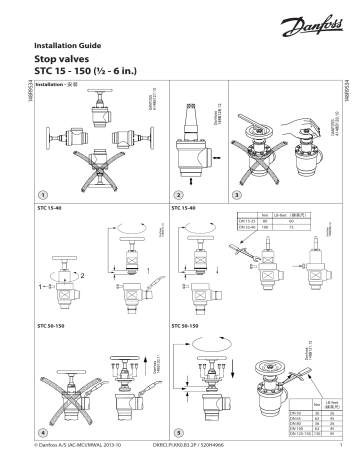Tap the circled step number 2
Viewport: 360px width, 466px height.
point(178,192)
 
